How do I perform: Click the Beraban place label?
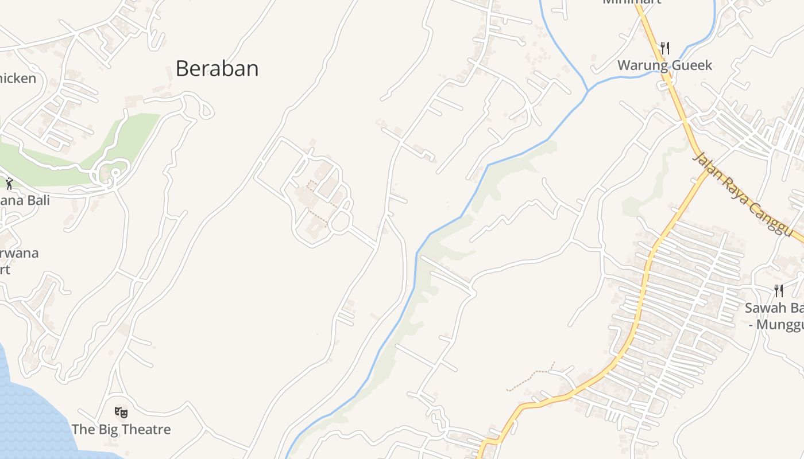click(217, 69)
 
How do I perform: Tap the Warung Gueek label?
click(664, 65)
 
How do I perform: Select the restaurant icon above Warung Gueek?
click(665, 48)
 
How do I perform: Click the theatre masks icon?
click(121, 412)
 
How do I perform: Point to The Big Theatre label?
click(121, 429)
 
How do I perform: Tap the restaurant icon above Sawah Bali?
click(778, 290)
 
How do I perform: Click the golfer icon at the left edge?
click(9, 184)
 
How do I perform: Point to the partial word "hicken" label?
click(18, 79)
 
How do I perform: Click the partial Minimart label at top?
click(632, 2)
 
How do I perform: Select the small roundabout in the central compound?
click(339, 223)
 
